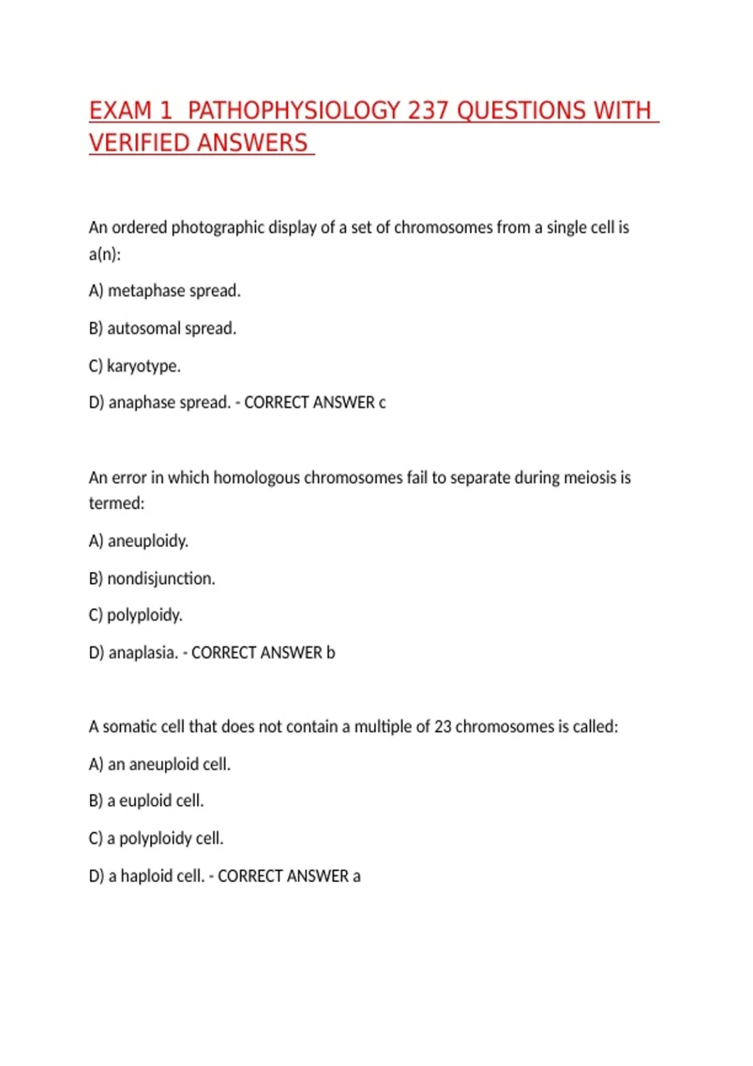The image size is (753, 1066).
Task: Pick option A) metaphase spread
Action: coord(165,291)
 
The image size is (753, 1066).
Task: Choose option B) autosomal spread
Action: coord(163,329)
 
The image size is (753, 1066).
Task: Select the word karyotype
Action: coord(144,366)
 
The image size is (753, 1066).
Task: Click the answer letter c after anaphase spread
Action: coord(382,403)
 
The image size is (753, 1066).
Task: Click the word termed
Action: coord(116,504)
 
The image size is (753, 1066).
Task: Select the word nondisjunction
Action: coord(161,578)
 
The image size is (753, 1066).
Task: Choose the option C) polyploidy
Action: coord(136,615)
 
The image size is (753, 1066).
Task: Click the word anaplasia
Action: coord(143,653)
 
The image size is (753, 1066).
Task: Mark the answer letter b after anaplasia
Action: coord(331,653)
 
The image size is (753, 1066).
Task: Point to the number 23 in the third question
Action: coord(442,727)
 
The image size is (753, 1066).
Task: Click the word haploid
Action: coord(146,876)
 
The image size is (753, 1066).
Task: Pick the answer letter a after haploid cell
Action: coord(356,876)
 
